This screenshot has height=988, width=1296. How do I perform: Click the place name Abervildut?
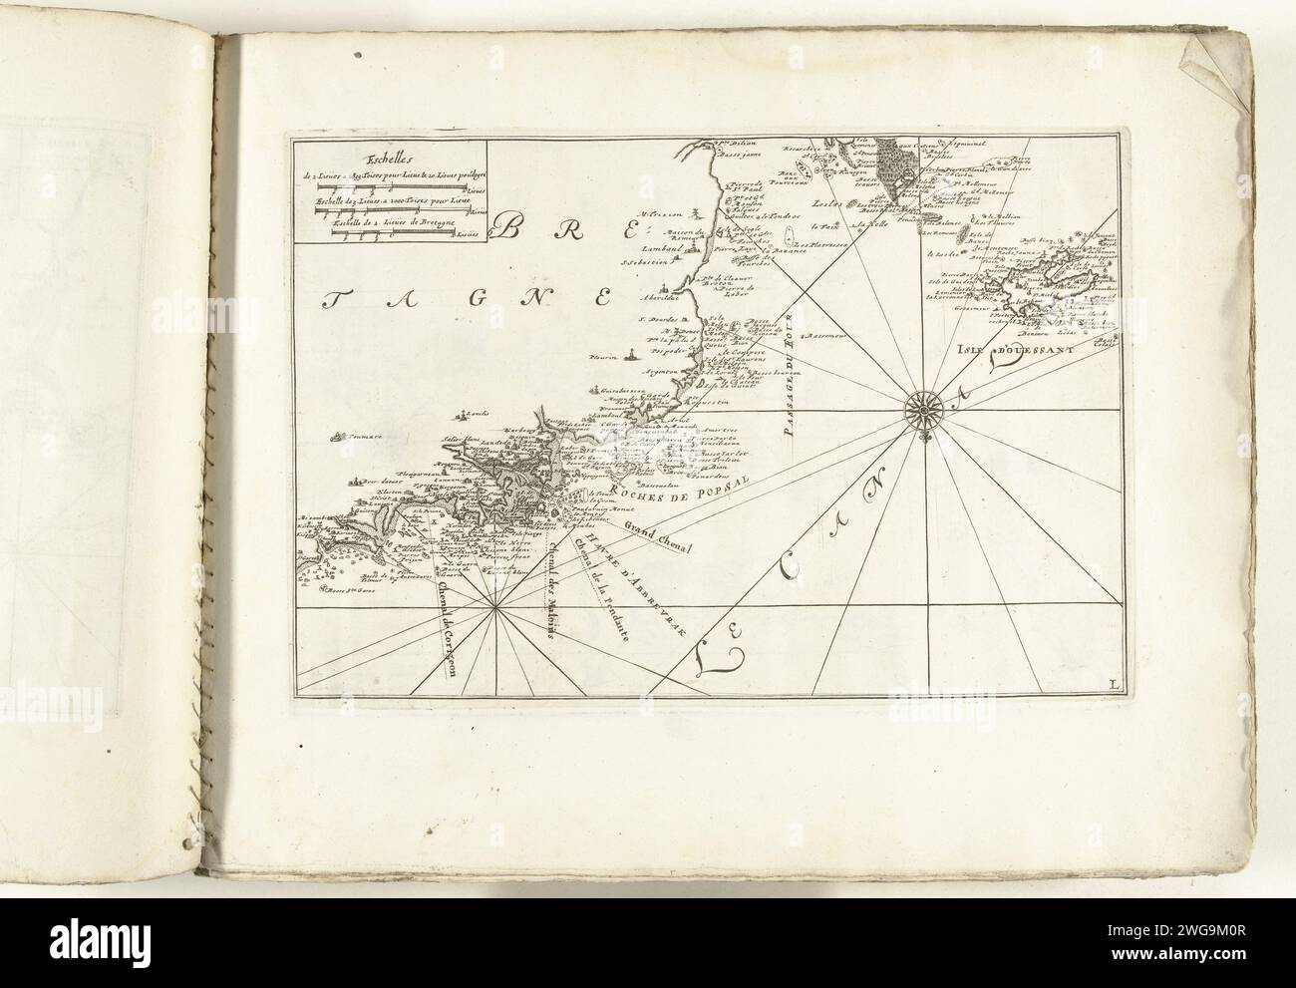[662, 296]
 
